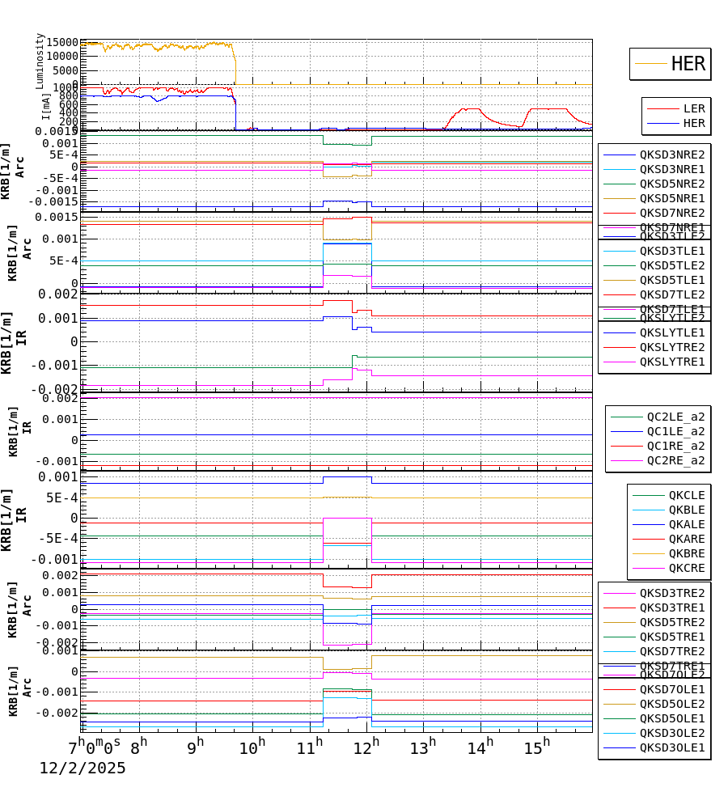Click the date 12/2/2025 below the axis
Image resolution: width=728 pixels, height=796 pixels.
tap(83, 768)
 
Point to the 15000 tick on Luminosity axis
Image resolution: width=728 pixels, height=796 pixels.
tap(62, 42)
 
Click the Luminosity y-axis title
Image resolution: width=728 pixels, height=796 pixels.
tap(40, 61)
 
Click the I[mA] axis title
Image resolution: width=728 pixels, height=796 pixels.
tap(45, 107)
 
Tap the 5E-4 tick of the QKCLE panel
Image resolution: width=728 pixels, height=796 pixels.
tap(61, 497)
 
